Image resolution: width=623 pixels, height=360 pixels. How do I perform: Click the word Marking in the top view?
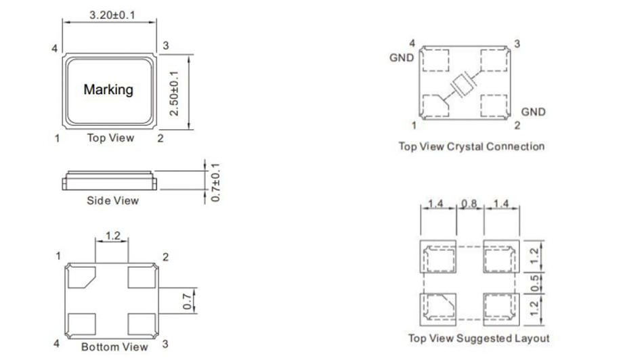[108, 89]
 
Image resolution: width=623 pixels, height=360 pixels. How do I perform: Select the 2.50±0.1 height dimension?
[175, 93]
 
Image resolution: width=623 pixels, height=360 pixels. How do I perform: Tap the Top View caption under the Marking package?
[110, 138]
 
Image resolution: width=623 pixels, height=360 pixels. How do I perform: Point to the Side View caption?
[112, 200]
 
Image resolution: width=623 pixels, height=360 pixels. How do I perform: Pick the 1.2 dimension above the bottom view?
[112, 236]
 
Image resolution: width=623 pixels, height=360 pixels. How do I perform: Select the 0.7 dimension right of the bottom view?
[188, 301]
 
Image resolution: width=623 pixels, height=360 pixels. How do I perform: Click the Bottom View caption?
[114, 347]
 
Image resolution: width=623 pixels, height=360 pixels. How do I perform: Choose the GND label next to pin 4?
[401, 58]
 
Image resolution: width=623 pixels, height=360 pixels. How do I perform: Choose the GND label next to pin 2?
[533, 112]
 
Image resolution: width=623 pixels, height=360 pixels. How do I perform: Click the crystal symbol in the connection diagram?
[465, 85]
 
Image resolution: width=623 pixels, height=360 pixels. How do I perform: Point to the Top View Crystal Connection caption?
[471, 146]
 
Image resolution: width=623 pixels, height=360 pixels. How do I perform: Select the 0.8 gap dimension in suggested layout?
[469, 204]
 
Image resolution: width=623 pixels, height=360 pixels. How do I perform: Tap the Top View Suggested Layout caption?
[479, 338]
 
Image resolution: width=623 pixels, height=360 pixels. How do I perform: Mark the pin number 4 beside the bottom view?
[56, 344]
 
